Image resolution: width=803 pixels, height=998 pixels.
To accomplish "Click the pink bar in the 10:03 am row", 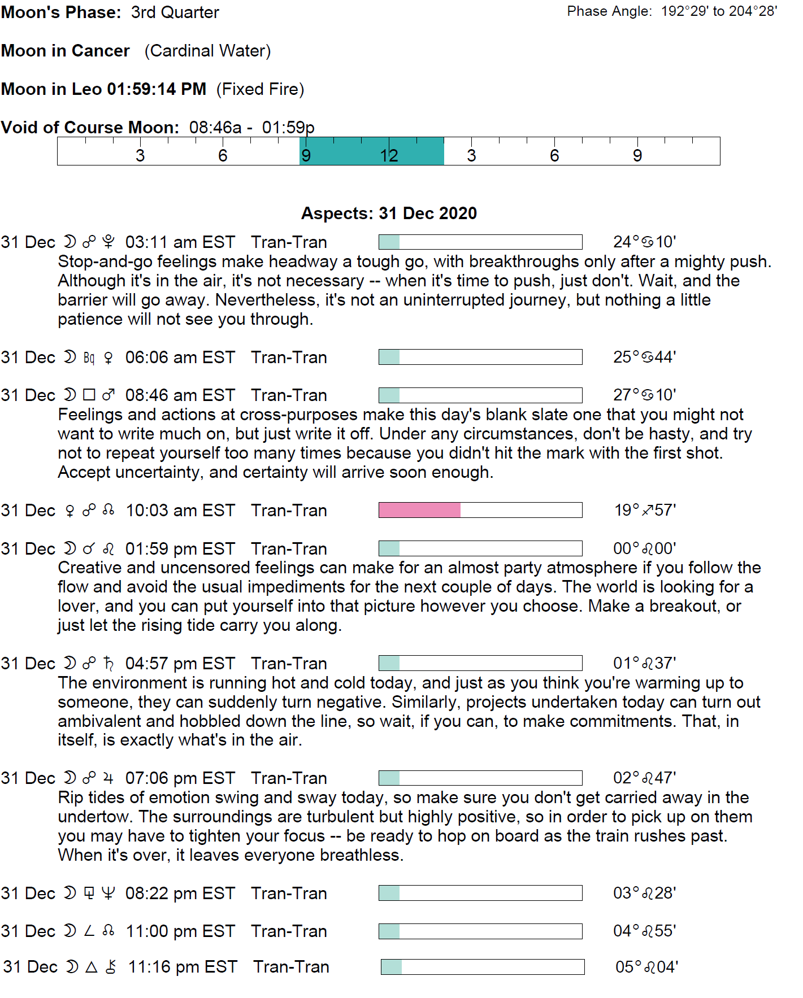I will (419, 510).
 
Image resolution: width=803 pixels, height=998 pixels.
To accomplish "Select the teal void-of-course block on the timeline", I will (371, 151).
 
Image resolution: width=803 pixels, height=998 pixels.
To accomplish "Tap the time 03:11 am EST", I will (180, 242).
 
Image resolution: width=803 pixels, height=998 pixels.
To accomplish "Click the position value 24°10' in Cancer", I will (644, 242).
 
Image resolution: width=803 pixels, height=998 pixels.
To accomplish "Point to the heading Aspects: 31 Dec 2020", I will (389, 213).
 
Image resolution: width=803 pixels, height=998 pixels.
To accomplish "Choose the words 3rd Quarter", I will (175, 12).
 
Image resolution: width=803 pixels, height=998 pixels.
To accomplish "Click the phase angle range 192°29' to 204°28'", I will (719, 12).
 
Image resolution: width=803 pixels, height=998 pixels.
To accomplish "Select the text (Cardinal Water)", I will (207, 51).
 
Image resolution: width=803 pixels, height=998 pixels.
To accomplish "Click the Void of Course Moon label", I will (90, 128).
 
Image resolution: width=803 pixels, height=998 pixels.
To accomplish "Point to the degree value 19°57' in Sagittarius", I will (645, 511).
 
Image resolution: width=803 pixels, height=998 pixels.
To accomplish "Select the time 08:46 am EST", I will (180, 395).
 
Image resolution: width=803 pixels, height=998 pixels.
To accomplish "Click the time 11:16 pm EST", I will (182, 967).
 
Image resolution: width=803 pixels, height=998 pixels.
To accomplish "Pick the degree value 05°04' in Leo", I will (646, 967).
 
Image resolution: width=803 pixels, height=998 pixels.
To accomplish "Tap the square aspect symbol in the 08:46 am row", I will (89, 395).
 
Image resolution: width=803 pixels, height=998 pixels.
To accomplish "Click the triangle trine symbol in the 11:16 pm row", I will (91, 967).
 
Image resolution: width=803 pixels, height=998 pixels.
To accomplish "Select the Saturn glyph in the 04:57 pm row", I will (108, 663).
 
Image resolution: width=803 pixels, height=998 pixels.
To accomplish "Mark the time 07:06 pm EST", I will (180, 778).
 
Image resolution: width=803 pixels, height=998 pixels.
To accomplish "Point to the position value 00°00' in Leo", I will (644, 548).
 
